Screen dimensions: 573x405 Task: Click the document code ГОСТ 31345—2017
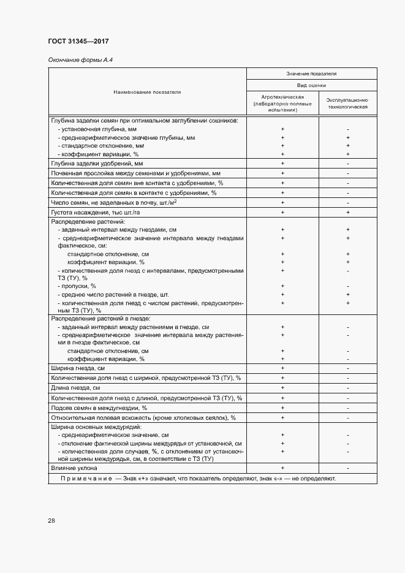(78, 42)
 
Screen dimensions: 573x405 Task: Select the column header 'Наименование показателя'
(147, 92)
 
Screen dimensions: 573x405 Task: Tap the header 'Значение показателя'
(311, 74)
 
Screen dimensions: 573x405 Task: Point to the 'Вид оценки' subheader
(311, 86)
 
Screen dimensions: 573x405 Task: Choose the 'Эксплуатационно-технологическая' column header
(347, 102)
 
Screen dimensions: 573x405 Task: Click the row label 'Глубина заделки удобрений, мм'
(97, 164)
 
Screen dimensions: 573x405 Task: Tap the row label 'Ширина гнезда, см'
(78, 368)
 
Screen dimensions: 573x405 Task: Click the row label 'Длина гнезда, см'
(77, 388)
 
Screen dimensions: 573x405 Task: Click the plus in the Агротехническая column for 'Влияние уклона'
(282, 468)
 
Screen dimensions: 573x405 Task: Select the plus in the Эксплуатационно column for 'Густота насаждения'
(347, 211)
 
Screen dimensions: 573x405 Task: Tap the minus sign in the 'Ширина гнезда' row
(347, 368)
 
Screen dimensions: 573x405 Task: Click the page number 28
(51, 520)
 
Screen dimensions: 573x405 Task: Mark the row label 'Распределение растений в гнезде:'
(100, 319)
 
